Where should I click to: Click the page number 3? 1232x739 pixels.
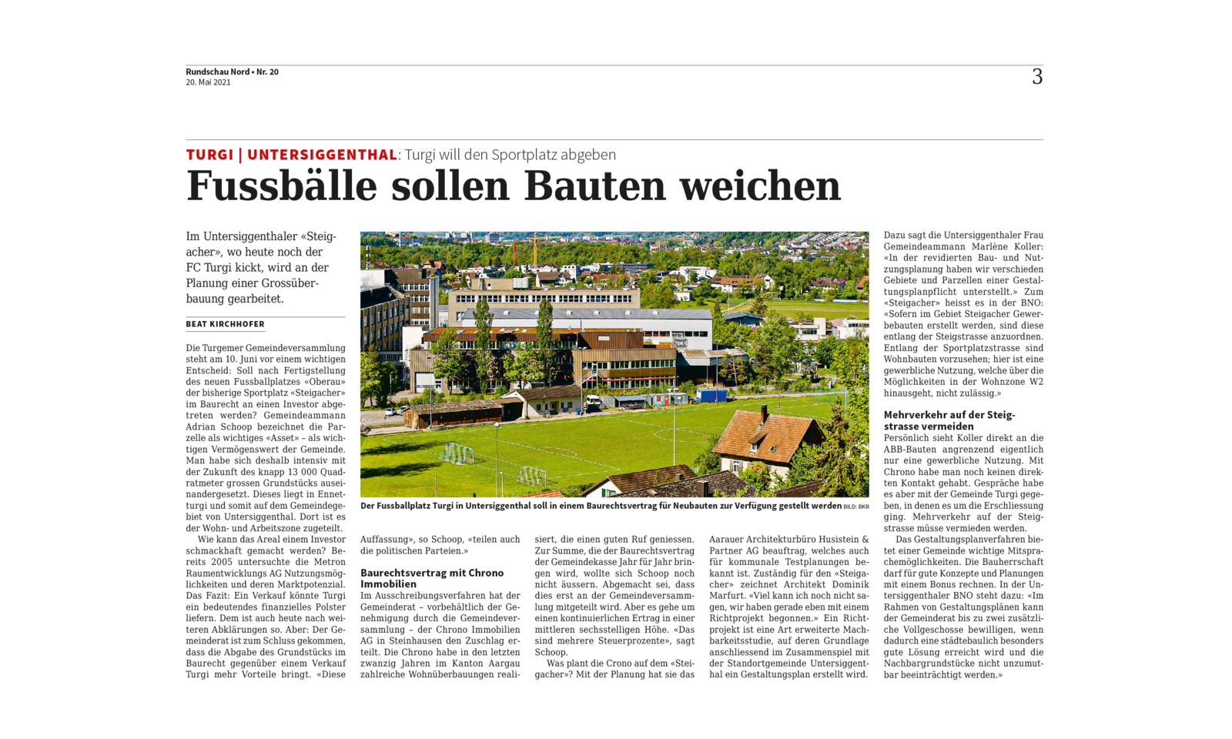click(x=1037, y=77)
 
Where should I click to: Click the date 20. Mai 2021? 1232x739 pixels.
click(x=208, y=82)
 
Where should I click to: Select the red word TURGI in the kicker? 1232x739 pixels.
click(x=209, y=155)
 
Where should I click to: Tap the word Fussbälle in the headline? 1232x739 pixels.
click(x=282, y=187)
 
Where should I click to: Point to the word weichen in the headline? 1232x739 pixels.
click(x=759, y=187)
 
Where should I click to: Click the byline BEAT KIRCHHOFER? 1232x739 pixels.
click(x=225, y=324)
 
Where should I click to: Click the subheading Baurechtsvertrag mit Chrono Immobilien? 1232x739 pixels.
click(x=432, y=578)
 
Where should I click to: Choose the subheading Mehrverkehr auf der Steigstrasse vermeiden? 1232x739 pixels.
click(x=949, y=420)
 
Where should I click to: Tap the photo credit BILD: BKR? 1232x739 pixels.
click(x=856, y=507)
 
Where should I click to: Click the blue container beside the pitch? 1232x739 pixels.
click(x=711, y=395)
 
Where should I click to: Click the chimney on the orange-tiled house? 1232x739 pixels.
click(x=763, y=414)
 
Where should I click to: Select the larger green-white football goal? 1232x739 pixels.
click(x=457, y=453)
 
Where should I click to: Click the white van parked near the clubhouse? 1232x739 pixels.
click(x=594, y=401)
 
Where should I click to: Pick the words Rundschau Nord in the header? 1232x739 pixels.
click(x=217, y=72)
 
